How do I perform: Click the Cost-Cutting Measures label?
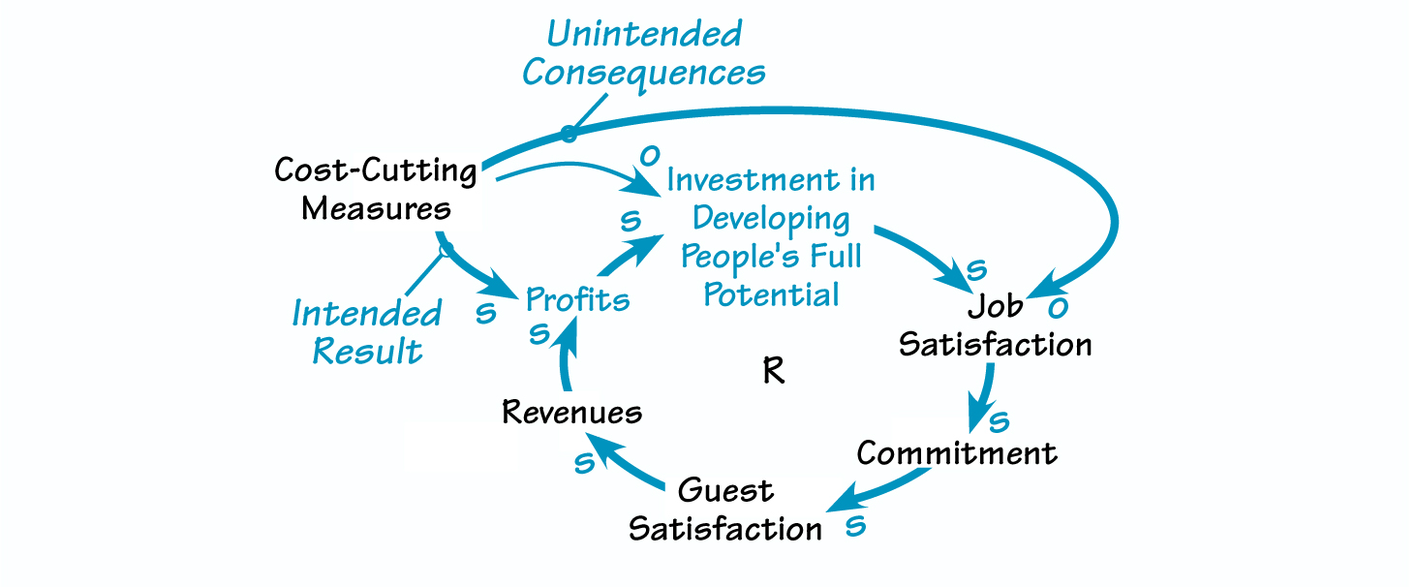pos(376,190)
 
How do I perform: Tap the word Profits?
pos(577,300)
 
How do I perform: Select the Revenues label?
pos(571,413)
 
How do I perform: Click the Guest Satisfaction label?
pos(725,510)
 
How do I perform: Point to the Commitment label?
pos(957,453)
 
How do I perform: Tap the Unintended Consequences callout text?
pos(644,53)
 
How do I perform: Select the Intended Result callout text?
pos(367,332)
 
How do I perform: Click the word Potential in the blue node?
pos(771,294)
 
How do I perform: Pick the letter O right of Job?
pos(1060,307)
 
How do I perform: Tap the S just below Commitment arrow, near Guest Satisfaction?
pos(854,526)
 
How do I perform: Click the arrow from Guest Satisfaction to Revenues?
pos(630,463)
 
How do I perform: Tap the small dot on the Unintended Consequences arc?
pos(569,134)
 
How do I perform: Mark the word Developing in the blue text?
pos(771,219)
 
